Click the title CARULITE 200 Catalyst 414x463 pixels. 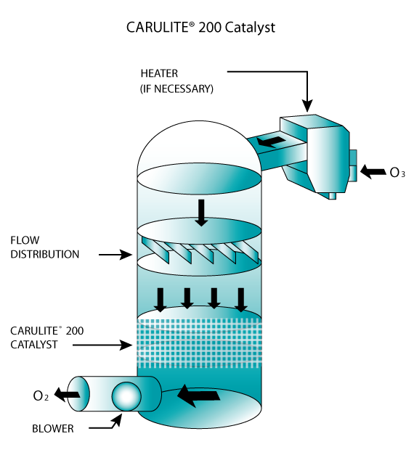coord(200,28)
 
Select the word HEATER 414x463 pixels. coord(159,73)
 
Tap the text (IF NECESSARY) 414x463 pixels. coord(176,89)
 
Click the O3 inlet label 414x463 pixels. coord(397,173)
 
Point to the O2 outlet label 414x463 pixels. coord(41,396)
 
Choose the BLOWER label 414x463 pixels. coord(53,428)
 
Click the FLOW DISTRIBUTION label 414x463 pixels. coord(45,247)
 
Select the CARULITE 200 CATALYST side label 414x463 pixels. coord(47,337)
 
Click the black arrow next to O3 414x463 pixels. coord(373,171)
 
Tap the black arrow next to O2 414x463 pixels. coord(67,395)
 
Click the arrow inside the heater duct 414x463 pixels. coord(271,142)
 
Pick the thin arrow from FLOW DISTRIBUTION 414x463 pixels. coord(115,255)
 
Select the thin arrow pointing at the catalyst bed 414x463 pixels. coord(102,345)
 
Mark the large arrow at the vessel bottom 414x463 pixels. coord(198,396)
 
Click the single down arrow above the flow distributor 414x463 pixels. coord(201,213)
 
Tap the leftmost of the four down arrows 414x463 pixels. coord(161,300)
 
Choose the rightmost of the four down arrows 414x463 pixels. coord(241,300)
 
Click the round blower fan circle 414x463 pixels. coord(126,396)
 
